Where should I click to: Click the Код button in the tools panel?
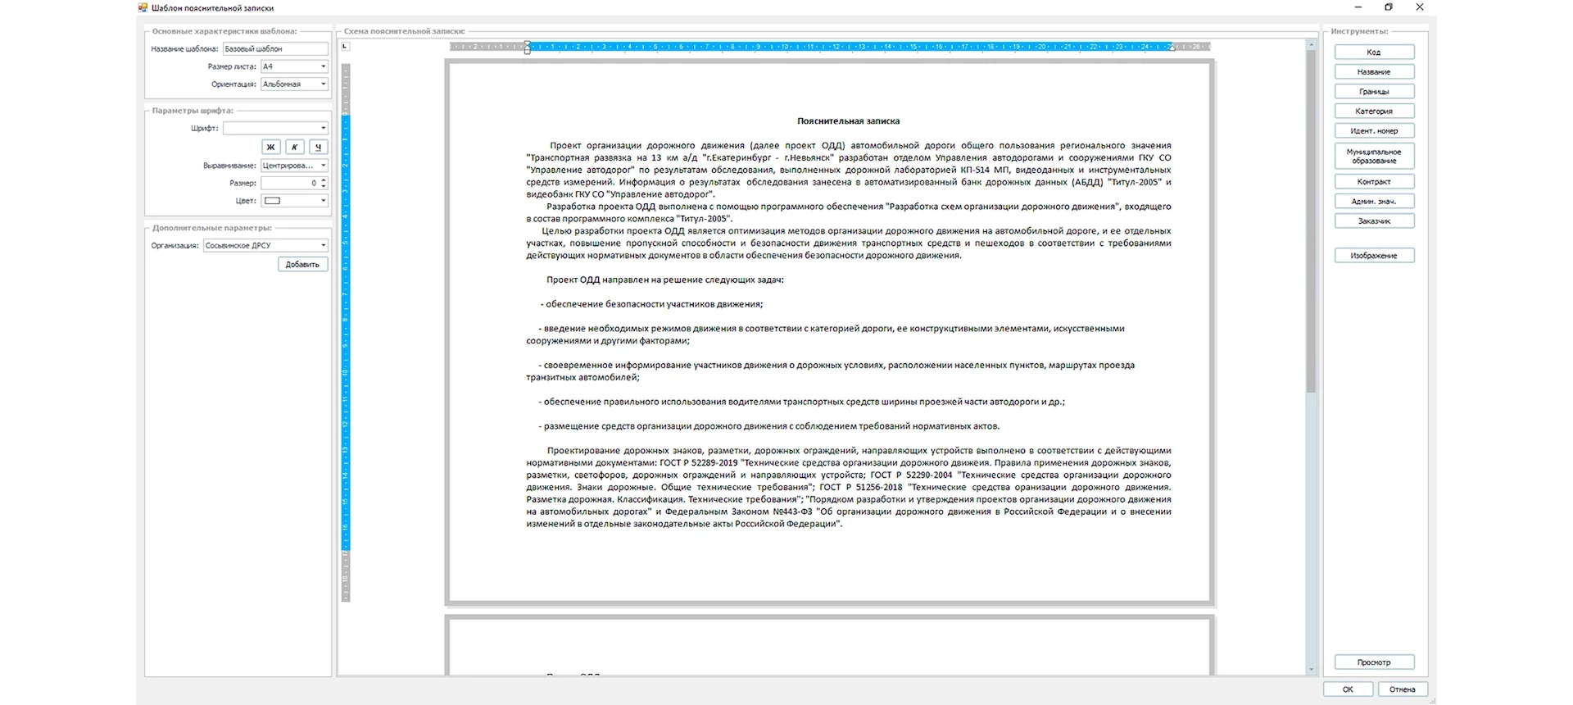click(x=1374, y=52)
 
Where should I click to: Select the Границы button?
click(x=1374, y=92)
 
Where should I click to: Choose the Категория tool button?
click(x=1374, y=111)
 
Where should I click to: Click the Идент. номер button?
click(x=1374, y=131)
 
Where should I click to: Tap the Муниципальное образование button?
click(x=1374, y=156)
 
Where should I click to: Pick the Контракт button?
click(x=1374, y=182)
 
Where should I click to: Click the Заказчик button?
click(x=1374, y=221)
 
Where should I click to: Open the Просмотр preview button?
click(x=1374, y=662)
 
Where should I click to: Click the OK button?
click(x=1348, y=689)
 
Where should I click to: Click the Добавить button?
click(x=302, y=265)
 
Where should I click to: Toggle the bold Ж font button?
click(x=271, y=148)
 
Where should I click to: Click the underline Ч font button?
click(x=318, y=148)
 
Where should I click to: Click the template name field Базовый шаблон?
click(x=274, y=49)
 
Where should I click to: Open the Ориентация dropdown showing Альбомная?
click(x=294, y=84)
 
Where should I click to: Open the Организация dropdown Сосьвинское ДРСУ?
click(x=265, y=245)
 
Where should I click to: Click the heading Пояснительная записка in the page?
click(x=848, y=121)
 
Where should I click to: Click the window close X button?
click(x=1420, y=7)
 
